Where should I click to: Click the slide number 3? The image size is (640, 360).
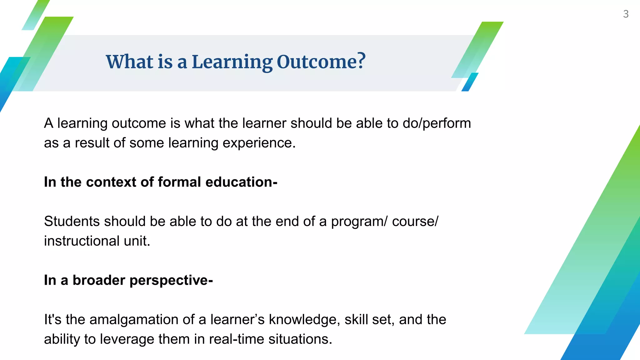[626, 14]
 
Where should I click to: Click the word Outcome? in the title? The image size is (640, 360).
[321, 62]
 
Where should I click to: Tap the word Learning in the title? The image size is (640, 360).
[232, 62]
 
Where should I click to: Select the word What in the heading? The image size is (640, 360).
[130, 62]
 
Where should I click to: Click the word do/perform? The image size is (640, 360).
[437, 123]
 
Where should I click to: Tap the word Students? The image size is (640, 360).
[72, 221]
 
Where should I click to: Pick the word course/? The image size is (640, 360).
[415, 221]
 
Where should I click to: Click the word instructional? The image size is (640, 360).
[82, 241]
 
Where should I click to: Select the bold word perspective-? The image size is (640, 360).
[171, 280]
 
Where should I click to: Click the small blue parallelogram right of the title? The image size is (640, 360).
[470, 82]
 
